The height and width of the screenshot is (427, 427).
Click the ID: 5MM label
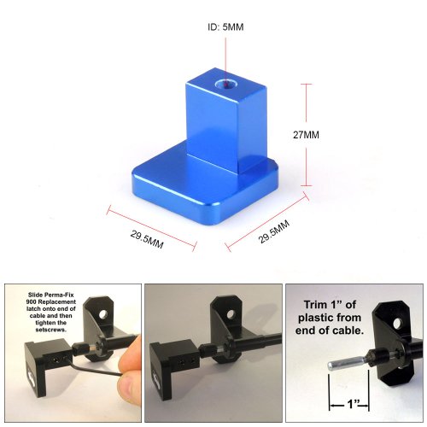tap(225, 27)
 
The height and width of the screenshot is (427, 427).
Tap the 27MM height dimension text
tap(306, 135)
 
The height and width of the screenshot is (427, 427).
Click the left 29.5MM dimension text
tap(147, 239)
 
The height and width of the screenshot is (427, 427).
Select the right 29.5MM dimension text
tap(274, 231)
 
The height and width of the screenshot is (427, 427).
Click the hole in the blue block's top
tap(225, 85)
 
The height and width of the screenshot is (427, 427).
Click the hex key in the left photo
tap(94, 368)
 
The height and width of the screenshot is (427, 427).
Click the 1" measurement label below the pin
tap(353, 404)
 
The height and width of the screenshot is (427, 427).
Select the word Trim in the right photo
tap(315, 305)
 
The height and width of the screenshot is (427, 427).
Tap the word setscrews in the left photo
tap(50, 330)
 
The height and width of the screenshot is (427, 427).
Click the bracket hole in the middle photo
tap(231, 314)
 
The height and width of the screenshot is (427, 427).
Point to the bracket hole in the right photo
tap(397, 324)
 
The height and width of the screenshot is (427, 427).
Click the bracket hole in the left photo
tap(103, 314)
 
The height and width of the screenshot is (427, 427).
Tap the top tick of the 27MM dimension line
tap(306, 85)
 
